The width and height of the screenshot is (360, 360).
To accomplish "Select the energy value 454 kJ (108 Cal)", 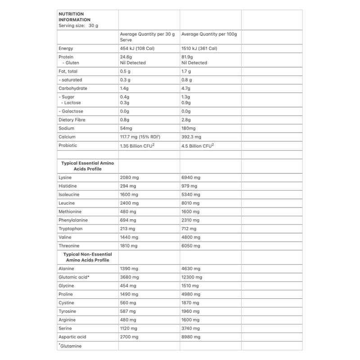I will [139, 48].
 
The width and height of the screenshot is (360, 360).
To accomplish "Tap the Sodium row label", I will [67, 128].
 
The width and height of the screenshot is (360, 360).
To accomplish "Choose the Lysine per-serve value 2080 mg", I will [129, 178].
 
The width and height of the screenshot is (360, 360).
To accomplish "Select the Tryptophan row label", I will [71, 229].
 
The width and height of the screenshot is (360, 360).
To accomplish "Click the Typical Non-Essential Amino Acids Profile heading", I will [87, 257].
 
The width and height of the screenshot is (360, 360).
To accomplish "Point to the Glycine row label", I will [67, 286].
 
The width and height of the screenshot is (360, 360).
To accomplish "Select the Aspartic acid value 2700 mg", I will [129, 337].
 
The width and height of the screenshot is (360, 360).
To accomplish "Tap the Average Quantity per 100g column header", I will [209, 34].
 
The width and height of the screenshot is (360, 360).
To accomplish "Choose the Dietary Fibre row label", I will [72, 120].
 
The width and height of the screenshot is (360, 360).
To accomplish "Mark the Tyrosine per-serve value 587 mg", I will [128, 311].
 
